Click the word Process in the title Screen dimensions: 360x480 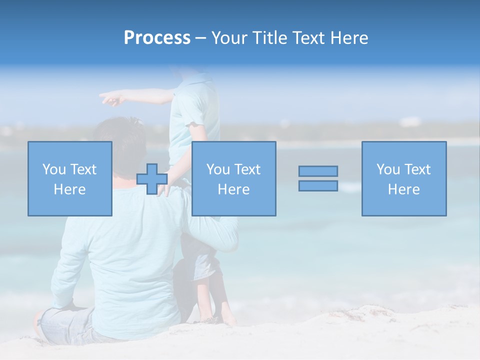click(x=157, y=38)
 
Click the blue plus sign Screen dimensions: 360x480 click(x=152, y=179)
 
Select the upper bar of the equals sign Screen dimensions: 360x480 click(x=318, y=171)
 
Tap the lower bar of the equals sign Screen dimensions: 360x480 click(x=318, y=185)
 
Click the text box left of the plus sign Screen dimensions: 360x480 click(x=70, y=178)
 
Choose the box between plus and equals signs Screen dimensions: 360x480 click(x=233, y=178)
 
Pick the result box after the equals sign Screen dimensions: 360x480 click(x=403, y=178)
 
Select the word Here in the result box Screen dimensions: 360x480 click(x=403, y=189)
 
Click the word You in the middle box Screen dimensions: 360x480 click(x=218, y=169)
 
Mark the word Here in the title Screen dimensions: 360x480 click(x=349, y=38)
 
